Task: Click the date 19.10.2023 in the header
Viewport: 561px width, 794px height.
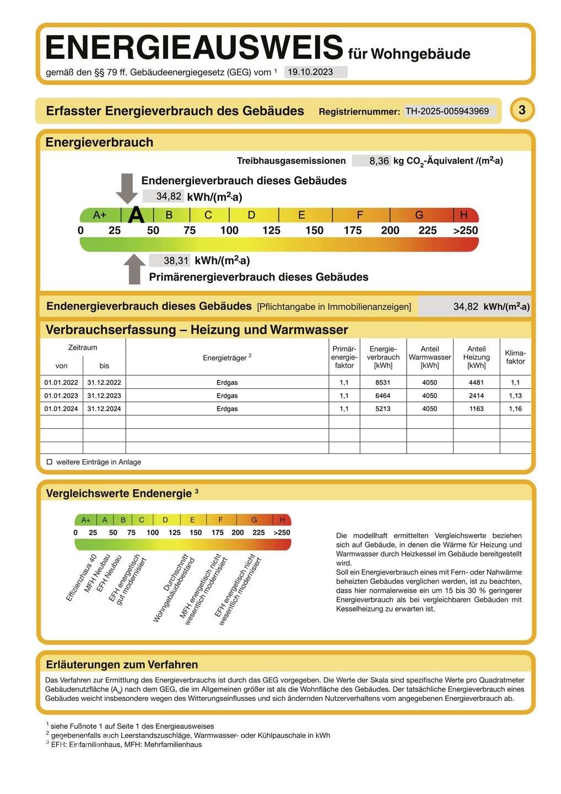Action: (311, 72)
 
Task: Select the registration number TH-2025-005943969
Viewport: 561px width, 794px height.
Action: (447, 111)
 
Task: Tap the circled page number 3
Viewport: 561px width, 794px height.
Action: (522, 110)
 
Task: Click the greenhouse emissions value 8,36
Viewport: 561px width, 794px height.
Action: (379, 161)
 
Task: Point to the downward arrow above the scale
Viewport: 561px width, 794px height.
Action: (127, 188)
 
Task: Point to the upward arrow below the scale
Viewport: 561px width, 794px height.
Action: (134, 269)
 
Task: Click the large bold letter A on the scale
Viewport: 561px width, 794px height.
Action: (136, 215)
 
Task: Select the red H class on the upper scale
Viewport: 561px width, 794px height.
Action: (464, 215)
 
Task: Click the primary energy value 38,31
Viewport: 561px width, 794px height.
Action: (176, 261)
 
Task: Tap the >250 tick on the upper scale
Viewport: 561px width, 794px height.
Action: (466, 230)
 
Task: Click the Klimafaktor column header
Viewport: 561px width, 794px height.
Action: (515, 357)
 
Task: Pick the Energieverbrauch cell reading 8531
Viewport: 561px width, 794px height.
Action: (383, 383)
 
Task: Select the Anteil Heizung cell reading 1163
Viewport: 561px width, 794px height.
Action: (476, 409)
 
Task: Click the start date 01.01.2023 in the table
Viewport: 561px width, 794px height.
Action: (61, 396)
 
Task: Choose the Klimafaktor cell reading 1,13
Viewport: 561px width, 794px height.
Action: (515, 396)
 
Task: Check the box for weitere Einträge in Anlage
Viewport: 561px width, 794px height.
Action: (50, 462)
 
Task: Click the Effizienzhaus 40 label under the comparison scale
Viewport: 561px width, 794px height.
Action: (82, 577)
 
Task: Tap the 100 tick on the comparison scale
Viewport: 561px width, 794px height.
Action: (153, 533)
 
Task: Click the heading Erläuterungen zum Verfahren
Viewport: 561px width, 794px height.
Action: (122, 664)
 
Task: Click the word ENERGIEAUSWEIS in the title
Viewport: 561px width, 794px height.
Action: (194, 47)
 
